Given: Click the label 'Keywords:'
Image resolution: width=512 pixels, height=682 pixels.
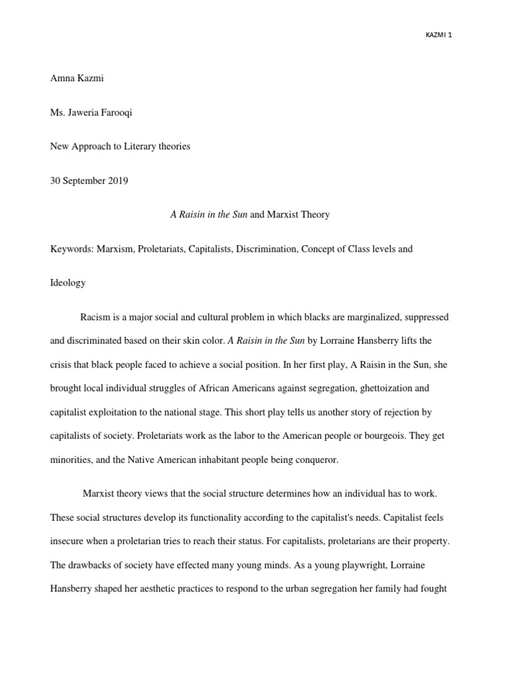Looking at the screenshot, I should coord(71,248).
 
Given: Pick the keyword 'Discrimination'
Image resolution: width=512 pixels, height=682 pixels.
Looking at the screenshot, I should coord(266,248).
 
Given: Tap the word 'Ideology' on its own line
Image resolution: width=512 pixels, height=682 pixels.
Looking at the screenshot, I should coord(68,282).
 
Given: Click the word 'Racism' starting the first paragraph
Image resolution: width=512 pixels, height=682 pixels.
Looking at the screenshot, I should coord(95,317).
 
